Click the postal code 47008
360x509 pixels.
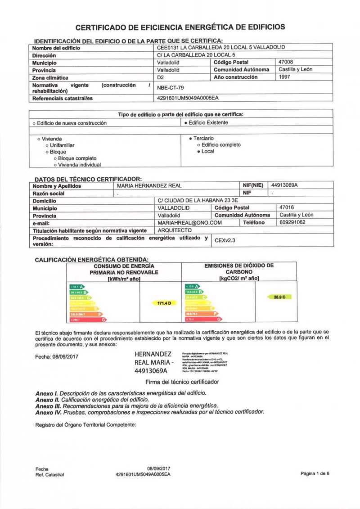(x=286, y=62)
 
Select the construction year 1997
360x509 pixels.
(x=284, y=77)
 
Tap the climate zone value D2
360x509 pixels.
(x=160, y=77)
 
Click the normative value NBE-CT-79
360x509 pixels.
(x=171, y=88)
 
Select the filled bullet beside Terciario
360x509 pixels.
(x=191, y=139)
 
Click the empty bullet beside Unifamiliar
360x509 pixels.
(x=47, y=146)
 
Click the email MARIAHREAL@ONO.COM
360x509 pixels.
(x=190, y=223)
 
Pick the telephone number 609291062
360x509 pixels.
(x=292, y=222)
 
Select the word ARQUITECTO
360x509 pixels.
(x=175, y=230)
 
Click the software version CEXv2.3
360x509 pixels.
(x=225, y=241)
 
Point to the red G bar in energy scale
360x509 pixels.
(x=88, y=320)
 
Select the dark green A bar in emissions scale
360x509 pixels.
(x=191, y=286)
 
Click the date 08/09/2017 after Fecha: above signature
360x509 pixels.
(x=66, y=357)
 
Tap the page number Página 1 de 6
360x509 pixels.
(x=315, y=473)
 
